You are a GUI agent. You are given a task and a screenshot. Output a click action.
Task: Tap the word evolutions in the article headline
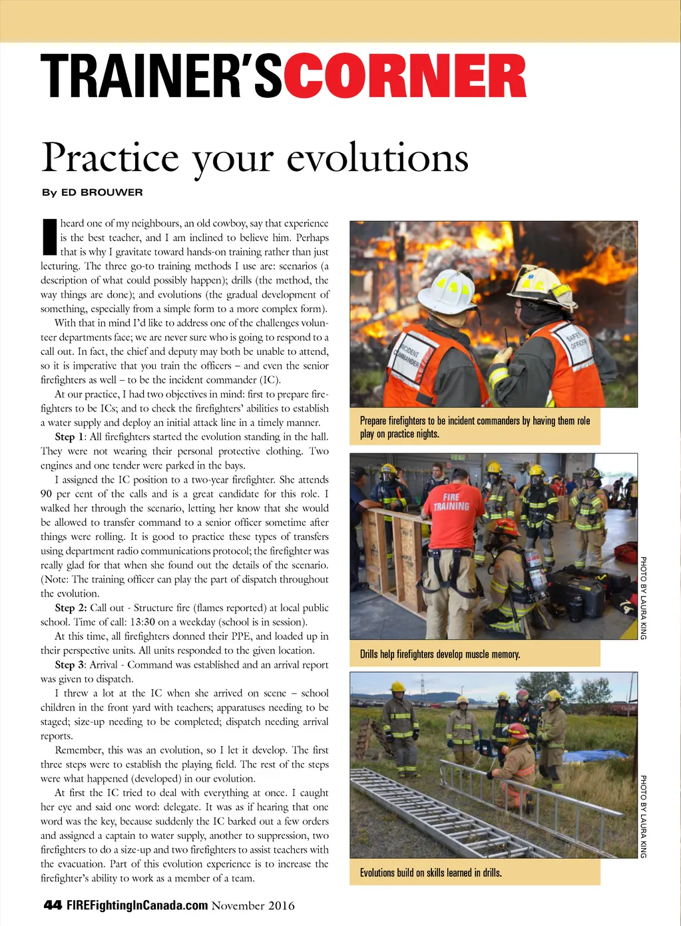(377, 158)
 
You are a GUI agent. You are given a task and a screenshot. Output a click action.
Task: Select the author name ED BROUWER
(102, 192)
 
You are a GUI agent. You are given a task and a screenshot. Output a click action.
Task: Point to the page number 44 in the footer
(53, 905)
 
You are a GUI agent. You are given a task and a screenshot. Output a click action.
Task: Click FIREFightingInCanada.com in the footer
(136, 905)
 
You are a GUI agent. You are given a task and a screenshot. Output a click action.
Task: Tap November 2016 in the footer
(253, 905)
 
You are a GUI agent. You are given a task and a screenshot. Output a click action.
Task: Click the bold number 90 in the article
(47, 493)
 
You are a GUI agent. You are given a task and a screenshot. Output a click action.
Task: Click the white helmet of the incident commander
(448, 290)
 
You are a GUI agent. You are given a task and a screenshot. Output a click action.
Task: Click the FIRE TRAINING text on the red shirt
(451, 501)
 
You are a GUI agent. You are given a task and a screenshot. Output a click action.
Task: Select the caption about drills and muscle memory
(440, 654)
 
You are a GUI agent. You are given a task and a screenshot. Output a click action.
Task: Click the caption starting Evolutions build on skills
(431, 872)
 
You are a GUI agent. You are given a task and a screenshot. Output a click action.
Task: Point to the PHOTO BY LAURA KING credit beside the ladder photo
(643, 816)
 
